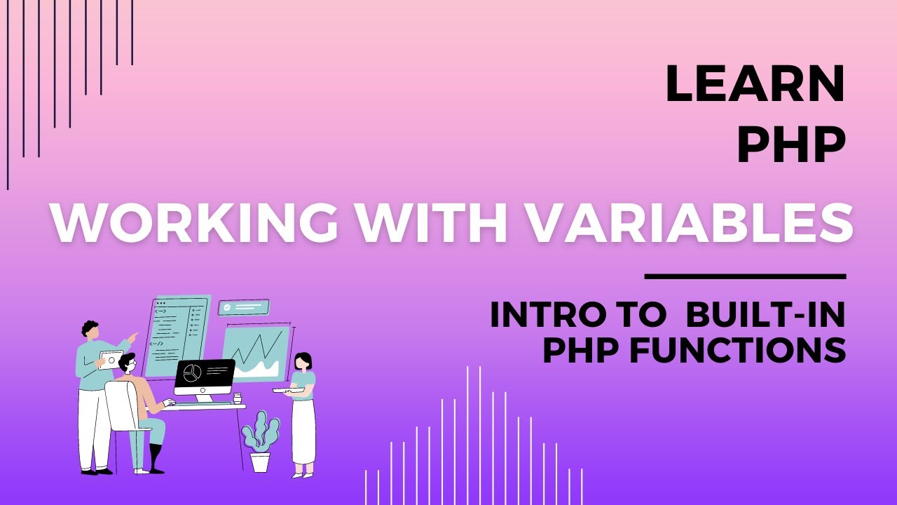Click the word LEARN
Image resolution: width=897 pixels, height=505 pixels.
(755, 83)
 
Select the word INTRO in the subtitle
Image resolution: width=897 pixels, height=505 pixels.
(547, 316)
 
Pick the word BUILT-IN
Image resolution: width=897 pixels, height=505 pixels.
(765, 316)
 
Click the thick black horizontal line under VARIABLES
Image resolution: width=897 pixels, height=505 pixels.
(745, 276)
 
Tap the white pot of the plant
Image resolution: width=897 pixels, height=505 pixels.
(260, 462)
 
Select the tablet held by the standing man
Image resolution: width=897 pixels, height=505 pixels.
(109, 360)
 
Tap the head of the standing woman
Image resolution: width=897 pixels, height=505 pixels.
(303, 361)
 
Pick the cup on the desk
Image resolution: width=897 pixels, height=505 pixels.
(237, 398)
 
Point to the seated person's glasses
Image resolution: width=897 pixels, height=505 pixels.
(130, 367)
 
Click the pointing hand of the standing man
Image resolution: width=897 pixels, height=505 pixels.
(133, 337)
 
